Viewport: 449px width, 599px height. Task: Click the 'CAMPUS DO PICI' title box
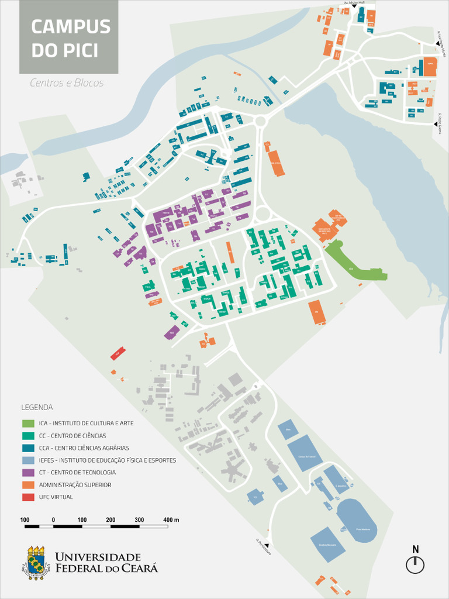click(x=68, y=37)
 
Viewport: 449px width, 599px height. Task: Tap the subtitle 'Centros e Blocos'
click(x=67, y=83)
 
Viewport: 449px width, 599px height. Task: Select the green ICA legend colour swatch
click(x=29, y=423)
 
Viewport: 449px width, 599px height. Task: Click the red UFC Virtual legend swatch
click(x=29, y=497)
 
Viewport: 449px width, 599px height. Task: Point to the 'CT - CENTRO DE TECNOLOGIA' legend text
click(x=77, y=473)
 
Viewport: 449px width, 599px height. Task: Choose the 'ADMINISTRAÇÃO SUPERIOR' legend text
click(x=75, y=485)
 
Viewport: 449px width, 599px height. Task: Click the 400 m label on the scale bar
click(x=171, y=520)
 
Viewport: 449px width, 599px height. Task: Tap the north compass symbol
click(x=415, y=564)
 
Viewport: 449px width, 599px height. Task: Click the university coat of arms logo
click(x=36, y=563)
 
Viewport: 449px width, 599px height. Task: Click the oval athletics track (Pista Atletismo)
click(x=357, y=520)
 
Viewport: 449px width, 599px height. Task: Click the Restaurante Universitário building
click(x=324, y=229)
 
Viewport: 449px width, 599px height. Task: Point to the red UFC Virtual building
click(x=118, y=354)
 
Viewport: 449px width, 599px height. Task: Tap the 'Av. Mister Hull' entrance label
click(x=353, y=2)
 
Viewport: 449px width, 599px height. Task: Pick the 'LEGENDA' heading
click(x=37, y=407)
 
